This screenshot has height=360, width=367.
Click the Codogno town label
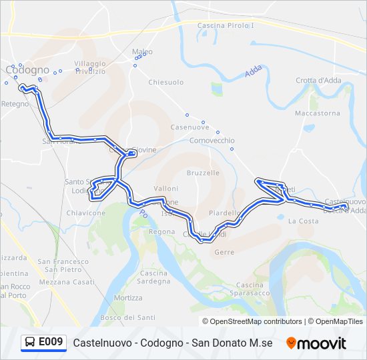(28, 70)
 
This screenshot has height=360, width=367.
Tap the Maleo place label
(142, 51)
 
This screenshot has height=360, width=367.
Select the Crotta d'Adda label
(318, 81)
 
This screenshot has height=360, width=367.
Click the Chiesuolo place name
(165, 83)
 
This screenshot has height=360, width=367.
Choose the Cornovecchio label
(212, 141)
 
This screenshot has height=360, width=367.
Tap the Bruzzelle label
(203, 173)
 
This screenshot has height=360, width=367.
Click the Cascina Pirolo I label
(226, 25)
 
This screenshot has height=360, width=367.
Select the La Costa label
(303, 221)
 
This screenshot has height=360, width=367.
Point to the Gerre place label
(224, 252)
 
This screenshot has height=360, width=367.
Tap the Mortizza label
(128, 298)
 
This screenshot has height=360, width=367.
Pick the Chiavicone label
(86, 213)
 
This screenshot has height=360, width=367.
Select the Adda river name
(253, 71)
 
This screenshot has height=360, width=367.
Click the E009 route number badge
(51, 343)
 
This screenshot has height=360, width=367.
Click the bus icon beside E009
(30, 343)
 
